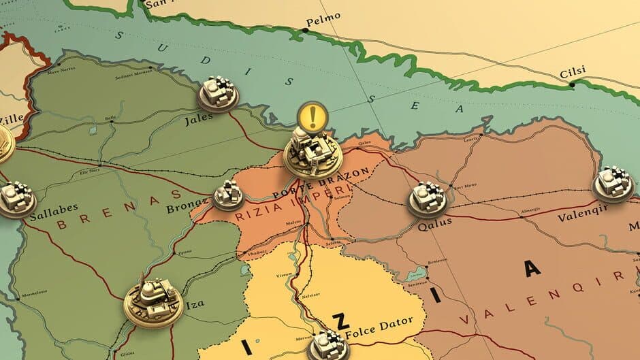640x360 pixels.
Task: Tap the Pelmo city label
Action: click(318, 22)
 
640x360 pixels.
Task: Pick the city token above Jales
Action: click(218, 94)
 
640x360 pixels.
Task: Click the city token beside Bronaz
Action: click(228, 195)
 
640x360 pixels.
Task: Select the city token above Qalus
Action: click(427, 199)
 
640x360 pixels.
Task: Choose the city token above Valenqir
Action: click(613, 182)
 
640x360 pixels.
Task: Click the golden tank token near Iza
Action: click(153, 299)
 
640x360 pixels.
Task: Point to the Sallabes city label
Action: click(54, 208)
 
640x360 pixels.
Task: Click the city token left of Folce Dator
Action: click(330, 344)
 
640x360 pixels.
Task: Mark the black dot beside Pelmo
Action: click(304, 30)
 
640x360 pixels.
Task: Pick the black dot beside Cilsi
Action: click(572, 85)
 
